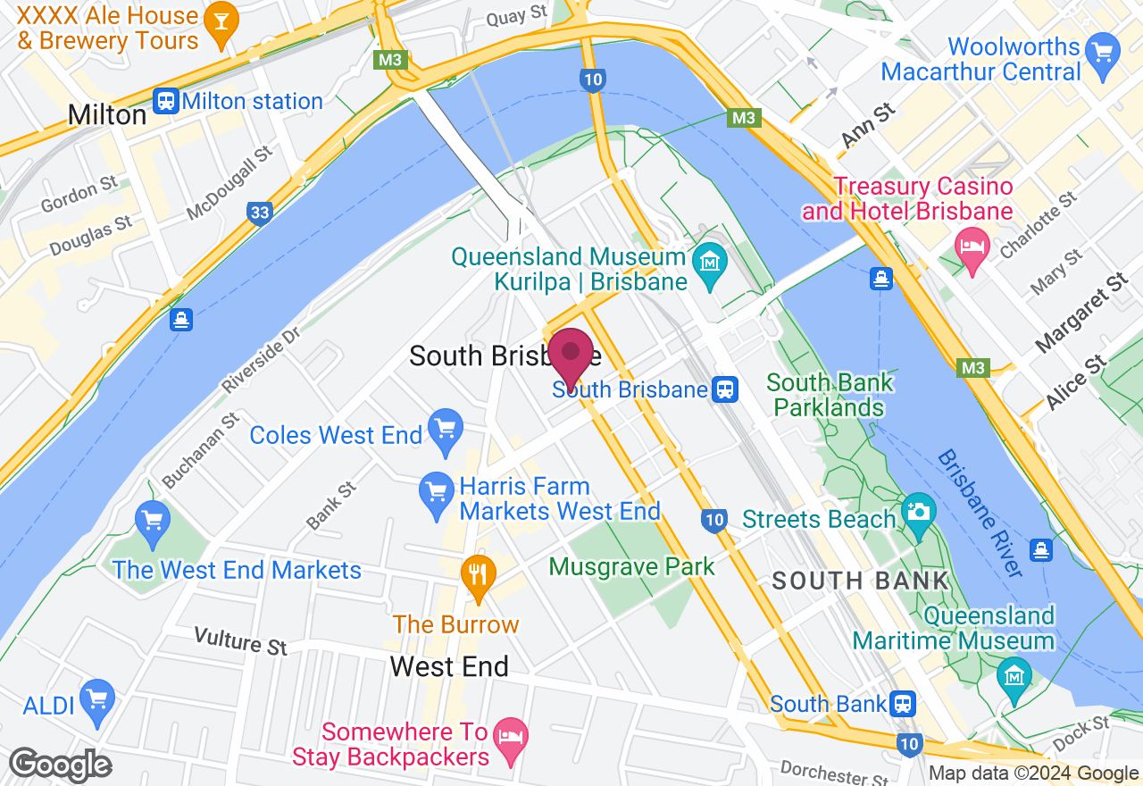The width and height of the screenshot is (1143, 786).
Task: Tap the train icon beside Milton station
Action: click(x=165, y=101)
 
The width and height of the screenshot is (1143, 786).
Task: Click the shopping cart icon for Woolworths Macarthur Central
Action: click(x=1105, y=58)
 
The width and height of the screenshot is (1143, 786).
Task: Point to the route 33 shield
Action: click(x=260, y=213)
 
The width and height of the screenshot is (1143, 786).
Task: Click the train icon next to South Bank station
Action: click(x=904, y=704)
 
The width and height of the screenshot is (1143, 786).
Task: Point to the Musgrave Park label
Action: click(x=632, y=566)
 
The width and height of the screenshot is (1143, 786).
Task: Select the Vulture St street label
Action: click(x=241, y=640)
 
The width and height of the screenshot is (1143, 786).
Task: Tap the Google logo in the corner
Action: click(x=60, y=765)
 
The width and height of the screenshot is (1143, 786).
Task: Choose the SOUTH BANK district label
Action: click(x=860, y=581)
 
